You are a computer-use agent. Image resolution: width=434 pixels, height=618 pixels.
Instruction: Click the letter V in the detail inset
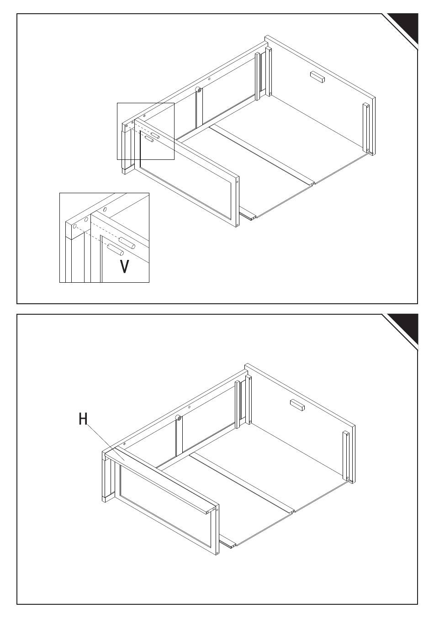tap(124, 266)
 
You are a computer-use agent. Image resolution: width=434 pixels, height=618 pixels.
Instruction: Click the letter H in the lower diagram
tap(83, 419)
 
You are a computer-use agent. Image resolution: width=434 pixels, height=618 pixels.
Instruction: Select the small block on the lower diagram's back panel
tap(297, 404)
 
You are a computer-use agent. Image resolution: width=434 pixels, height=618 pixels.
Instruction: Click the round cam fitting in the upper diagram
tap(199, 90)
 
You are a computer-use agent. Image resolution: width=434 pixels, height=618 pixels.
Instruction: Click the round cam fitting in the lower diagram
tap(179, 417)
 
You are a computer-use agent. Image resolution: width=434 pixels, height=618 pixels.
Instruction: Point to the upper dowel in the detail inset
tap(127, 243)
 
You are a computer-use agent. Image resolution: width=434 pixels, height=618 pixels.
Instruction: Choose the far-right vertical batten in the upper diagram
tap(366, 128)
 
